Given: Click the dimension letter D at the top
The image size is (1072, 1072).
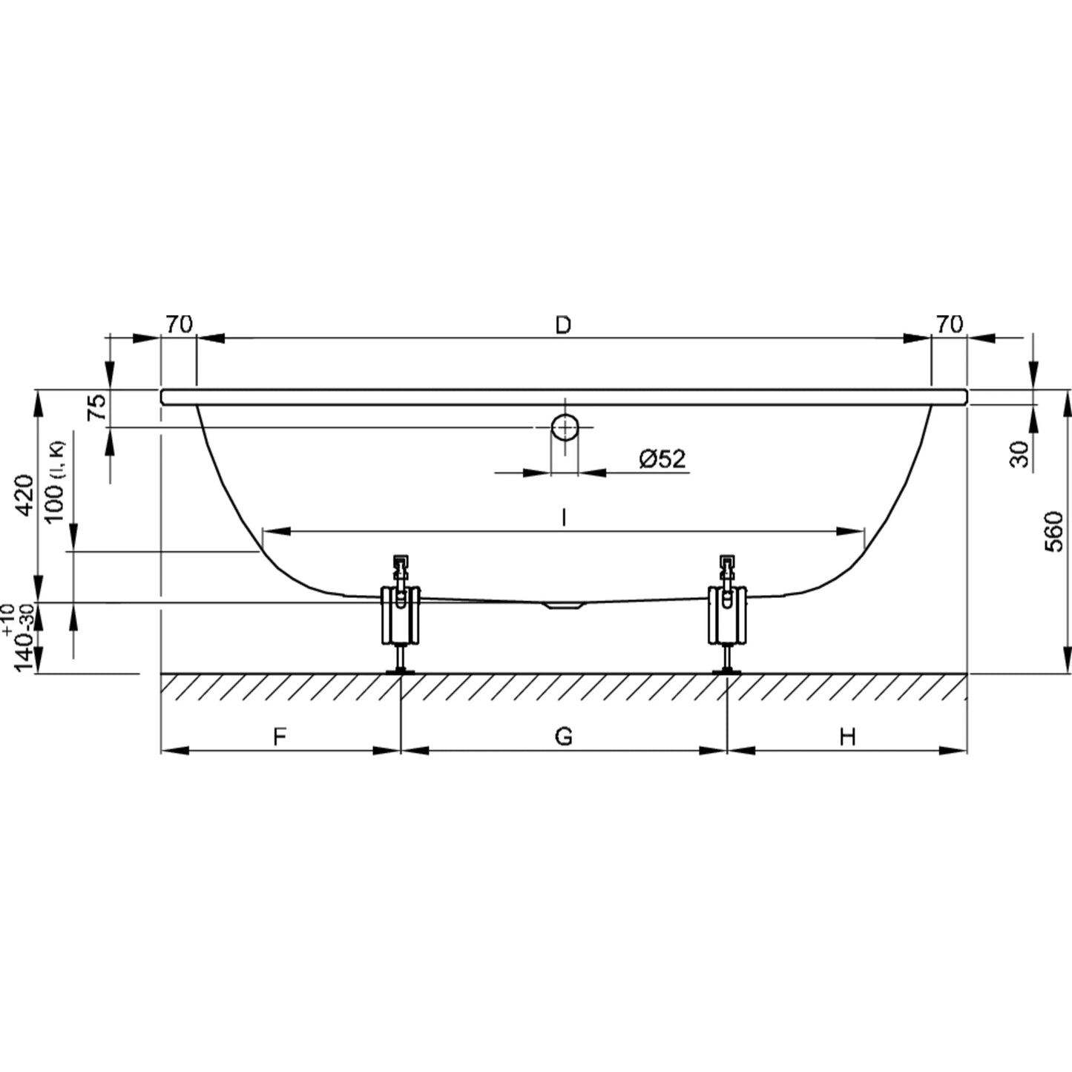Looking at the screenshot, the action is click(564, 324).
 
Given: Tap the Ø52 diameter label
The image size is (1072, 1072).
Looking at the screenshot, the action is click(662, 459).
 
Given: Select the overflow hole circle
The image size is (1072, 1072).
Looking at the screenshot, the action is click(565, 427).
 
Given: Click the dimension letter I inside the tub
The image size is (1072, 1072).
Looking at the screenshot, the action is click(564, 517).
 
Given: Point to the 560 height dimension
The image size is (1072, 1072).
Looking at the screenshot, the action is click(1053, 532).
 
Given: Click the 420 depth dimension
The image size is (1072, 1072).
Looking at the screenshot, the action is click(24, 496).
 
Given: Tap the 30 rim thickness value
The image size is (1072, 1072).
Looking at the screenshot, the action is click(1019, 455).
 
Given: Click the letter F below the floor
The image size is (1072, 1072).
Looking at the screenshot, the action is click(280, 737).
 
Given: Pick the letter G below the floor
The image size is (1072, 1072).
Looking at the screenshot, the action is click(564, 737).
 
